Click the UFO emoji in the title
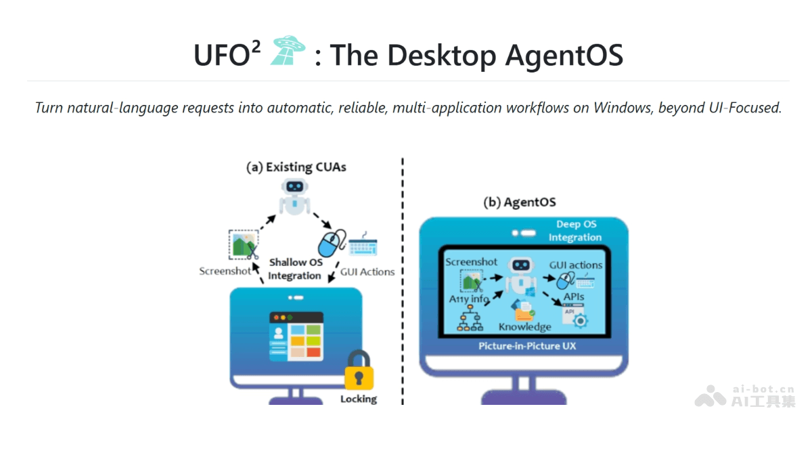coord(288,52)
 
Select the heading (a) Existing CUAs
coord(296,167)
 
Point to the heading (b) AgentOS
coord(519,202)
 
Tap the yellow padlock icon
coord(358,370)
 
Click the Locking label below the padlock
coord(358,399)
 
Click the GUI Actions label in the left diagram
coord(367,272)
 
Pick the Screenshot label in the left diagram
coord(225,271)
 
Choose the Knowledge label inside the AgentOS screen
coord(524,327)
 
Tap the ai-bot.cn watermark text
coord(763,389)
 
